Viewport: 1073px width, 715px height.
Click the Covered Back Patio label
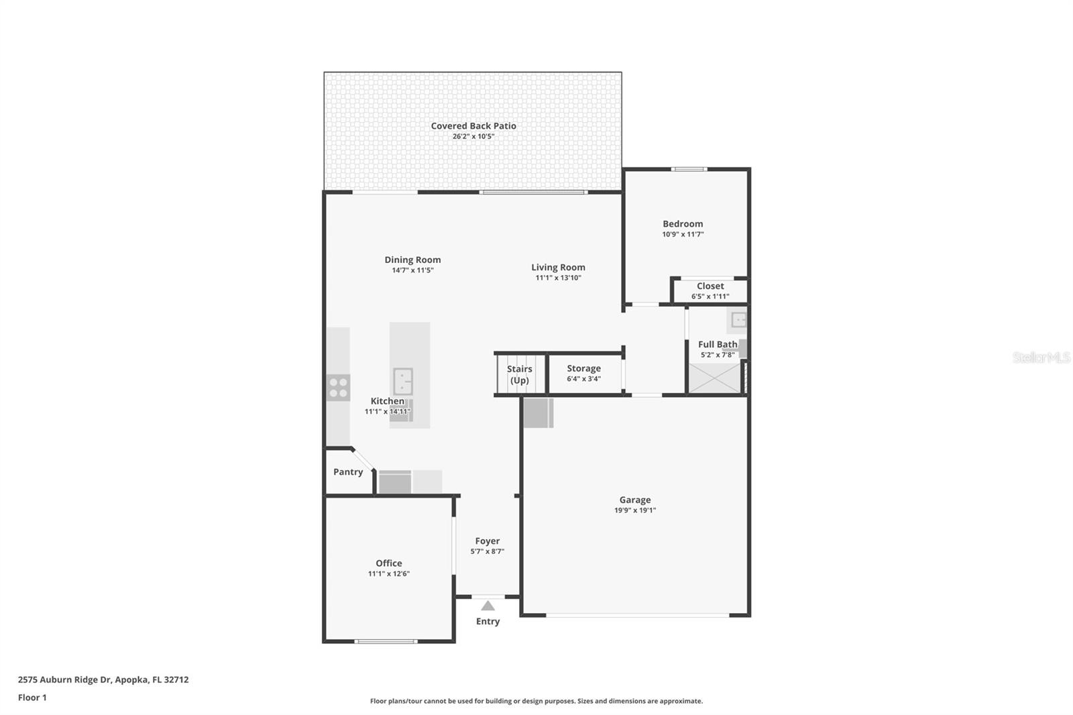pos(473,125)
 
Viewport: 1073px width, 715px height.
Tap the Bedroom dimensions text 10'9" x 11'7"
pos(683,234)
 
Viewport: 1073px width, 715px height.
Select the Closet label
pos(710,286)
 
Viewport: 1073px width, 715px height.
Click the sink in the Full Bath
pos(738,319)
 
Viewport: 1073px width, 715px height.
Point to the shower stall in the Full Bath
pos(714,378)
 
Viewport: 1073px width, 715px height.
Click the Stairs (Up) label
pos(519,374)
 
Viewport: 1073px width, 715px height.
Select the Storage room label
pos(583,368)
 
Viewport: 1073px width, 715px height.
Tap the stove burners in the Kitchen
pos(338,388)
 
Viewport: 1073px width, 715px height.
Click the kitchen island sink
pos(402,382)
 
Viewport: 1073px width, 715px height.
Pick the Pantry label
pos(348,472)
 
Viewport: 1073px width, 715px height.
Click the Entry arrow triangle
pos(488,606)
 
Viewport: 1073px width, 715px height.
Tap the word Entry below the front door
pos(488,621)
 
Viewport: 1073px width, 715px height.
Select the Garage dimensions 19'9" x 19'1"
pos(634,510)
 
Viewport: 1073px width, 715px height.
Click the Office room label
pos(388,563)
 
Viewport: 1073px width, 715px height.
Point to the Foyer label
pos(487,541)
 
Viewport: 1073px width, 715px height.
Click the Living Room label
pos(558,267)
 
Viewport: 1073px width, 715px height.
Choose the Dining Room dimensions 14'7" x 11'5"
pos(412,270)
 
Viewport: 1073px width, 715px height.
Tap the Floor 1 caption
pos(32,698)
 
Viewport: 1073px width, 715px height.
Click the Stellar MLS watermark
pos(1041,357)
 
